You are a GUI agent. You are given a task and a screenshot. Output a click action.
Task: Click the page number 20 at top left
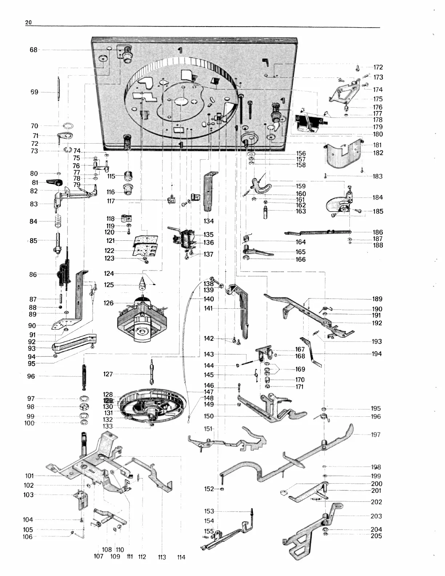(x=28, y=23)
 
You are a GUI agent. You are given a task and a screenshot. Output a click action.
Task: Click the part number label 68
(x=33, y=50)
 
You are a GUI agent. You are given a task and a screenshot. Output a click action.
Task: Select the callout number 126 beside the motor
(x=108, y=303)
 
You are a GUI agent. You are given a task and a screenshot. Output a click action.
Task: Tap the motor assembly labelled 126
(x=142, y=320)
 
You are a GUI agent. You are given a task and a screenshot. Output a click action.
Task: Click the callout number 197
(x=376, y=435)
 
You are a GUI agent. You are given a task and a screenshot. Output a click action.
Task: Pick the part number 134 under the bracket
(x=209, y=221)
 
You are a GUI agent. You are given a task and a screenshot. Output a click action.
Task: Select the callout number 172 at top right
(x=378, y=67)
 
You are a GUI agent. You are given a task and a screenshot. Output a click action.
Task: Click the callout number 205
(x=376, y=536)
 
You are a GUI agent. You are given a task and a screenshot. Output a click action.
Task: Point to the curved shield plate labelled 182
(x=342, y=156)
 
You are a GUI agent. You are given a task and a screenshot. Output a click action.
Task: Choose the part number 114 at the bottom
(x=181, y=557)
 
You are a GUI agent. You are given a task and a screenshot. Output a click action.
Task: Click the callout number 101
(x=29, y=476)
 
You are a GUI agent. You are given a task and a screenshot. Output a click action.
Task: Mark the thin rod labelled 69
(x=58, y=90)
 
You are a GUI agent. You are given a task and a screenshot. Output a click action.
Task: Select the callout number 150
(x=209, y=416)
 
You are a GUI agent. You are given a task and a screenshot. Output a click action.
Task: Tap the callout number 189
(x=377, y=299)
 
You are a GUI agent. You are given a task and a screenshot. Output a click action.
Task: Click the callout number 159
(x=301, y=186)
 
